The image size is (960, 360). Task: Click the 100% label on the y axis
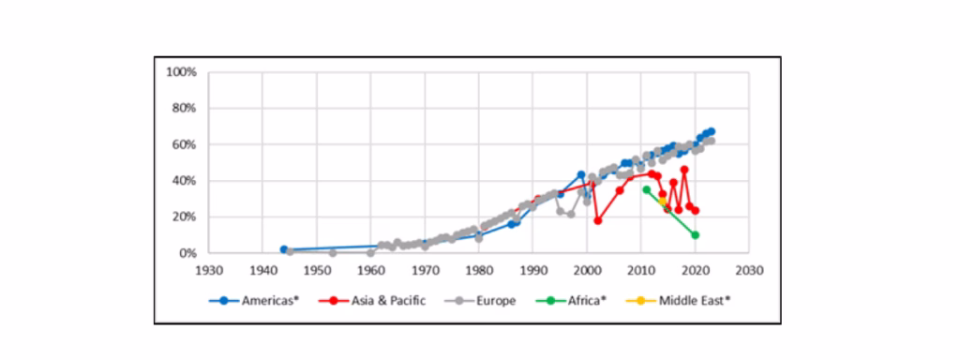(181, 72)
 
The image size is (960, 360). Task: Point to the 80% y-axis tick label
(184, 109)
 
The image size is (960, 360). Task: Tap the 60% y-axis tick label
(184, 145)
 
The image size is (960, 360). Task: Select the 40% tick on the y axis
(184, 181)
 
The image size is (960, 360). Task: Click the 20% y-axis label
(184, 217)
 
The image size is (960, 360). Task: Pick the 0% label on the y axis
(187, 253)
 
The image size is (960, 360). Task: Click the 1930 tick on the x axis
(208, 270)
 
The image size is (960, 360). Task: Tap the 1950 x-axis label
(317, 270)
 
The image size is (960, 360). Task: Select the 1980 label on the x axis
(479, 270)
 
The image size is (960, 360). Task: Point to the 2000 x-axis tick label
(587, 270)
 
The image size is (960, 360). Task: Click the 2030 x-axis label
(749, 270)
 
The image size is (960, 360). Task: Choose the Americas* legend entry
(254, 301)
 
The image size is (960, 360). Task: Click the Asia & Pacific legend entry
(371, 301)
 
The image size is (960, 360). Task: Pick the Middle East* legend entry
(679, 301)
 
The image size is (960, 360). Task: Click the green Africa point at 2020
(695, 235)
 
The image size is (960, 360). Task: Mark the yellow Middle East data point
(663, 201)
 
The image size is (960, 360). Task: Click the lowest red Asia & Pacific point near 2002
(598, 220)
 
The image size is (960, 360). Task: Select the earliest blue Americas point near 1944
(283, 249)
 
